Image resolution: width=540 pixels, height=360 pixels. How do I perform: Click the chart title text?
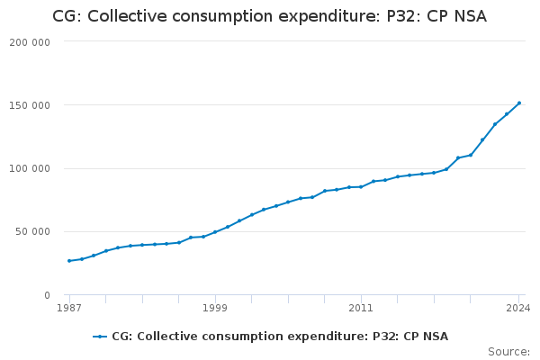pyautogui.click(x=269, y=15)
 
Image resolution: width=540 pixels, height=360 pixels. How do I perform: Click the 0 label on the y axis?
pyautogui.click(x=46, y=295)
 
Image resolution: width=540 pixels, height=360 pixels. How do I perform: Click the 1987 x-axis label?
pyautogui.click(x=69, y=309)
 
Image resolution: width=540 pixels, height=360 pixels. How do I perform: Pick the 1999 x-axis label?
pyautogui.click(x=215, y=309)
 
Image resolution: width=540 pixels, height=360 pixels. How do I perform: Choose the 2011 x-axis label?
pyautogui.click(x=361, y=309)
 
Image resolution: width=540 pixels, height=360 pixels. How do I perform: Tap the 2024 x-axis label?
pyautogui.click(x=518, y=309)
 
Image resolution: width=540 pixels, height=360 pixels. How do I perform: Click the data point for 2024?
pyautogui.click(x=519, y=103)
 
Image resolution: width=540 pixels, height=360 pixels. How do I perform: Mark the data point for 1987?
pyautogui.click(x=69, y=261)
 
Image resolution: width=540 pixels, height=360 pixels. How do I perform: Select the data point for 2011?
pyautogui.click(x=361, y=186)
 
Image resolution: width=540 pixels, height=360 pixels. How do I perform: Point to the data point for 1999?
pyautogui.click(x=215, y=232)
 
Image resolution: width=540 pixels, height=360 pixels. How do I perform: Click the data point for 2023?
pyautogui.click(x=507, y=113)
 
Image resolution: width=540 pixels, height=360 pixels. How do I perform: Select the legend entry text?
pyautogui.click(x=280, y=337)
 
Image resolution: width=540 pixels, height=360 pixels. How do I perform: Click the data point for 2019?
pyautogui.click(x=458, y=158)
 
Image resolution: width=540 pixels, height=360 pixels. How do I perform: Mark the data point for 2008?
pyautogui.click(x=325, y=191)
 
